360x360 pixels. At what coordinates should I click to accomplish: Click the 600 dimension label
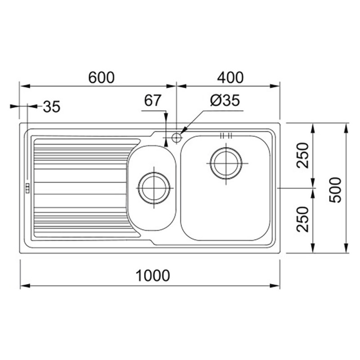pyautogui.click(x=101, y=77)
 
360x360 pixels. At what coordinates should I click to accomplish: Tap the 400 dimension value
pyautogui.click(x=230, y=77)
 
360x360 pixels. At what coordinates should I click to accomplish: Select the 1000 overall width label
pyautogui.click(x=153, y=275)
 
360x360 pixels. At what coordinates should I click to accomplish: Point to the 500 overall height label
pyautogui.click(x=335, y=190)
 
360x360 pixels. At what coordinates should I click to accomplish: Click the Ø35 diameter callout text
pyautogui.click(x=225, y=100)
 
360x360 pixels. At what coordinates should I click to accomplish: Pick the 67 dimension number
pyautogui.click(x=153, y=100)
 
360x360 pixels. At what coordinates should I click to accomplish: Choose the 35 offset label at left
pyautogui.click(x=52, y=107)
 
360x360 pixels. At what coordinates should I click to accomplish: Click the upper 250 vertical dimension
pyautogui.click(x=302, y=155)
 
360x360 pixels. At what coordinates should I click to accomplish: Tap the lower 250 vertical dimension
pyautogui.click(x=302, y=219)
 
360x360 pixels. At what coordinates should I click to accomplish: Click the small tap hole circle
pyautogui.click(x=176, y=138)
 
